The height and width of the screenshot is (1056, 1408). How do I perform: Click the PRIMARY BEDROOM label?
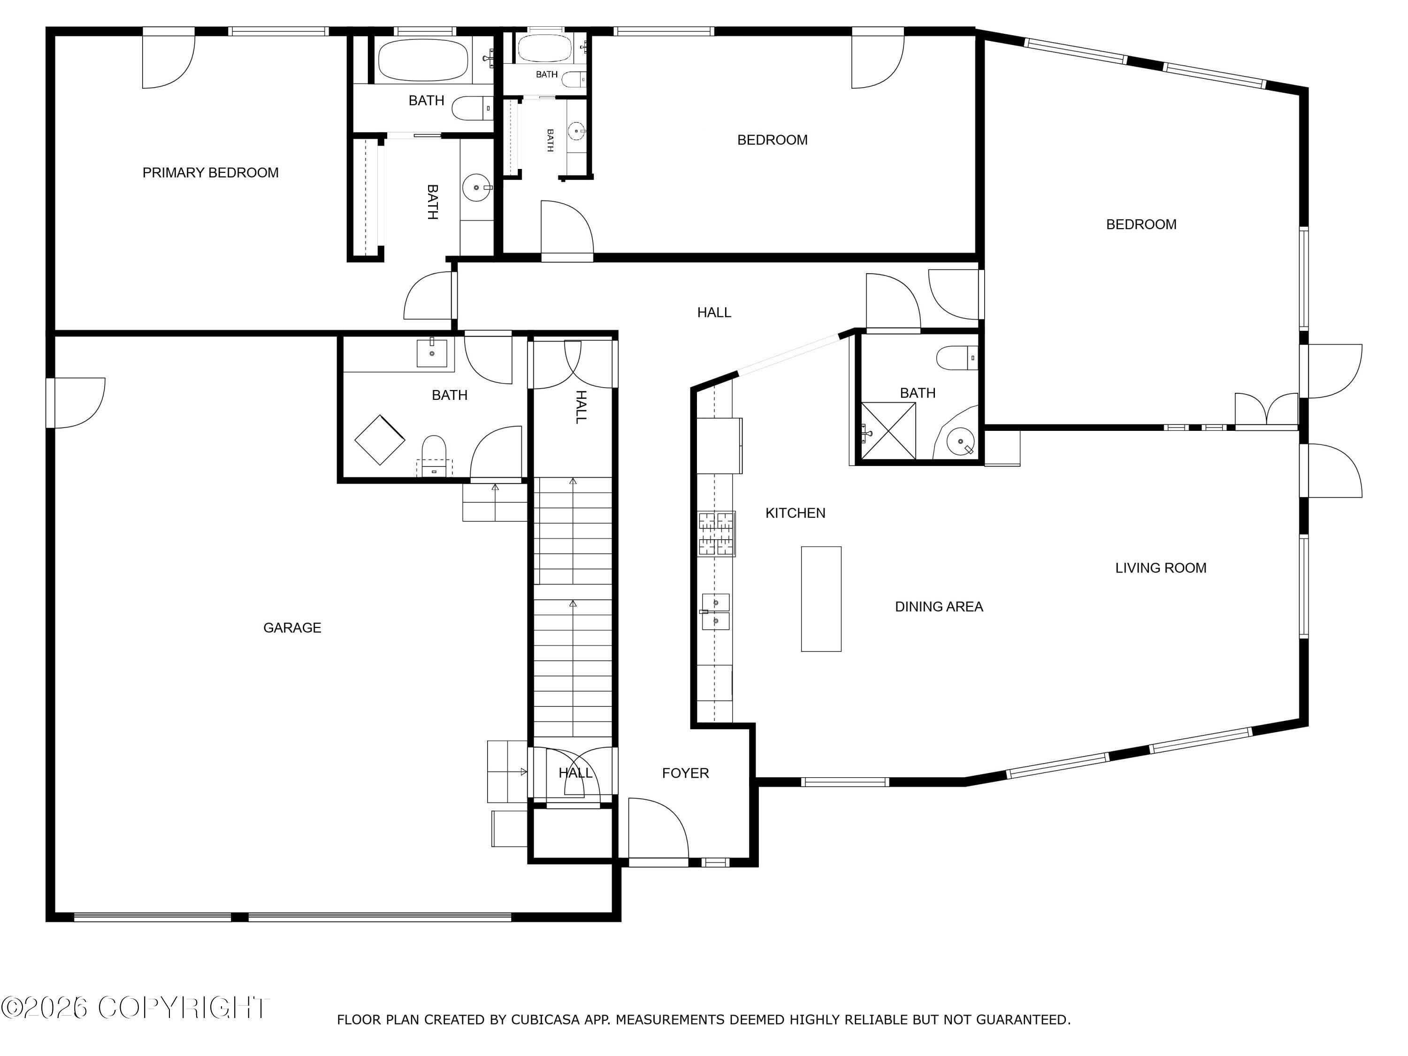click(x=210, y=173)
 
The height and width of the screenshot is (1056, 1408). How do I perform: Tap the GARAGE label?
click(x=292, y=627)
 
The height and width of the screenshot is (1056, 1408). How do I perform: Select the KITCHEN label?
click(x=795, y=513)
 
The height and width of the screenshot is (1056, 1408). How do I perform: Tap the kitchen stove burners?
click(x=717, y=534)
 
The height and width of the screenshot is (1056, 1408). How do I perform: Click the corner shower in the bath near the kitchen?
click(x=888, y=430)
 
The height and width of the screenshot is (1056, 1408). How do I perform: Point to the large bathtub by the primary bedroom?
click(x=423, y=59)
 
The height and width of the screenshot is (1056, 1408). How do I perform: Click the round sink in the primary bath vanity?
click(x=476, y=188)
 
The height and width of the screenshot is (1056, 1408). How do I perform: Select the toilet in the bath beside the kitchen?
click(x=957, y=358)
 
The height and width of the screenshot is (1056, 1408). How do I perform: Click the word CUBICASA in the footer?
click(x=545, y=1020)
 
